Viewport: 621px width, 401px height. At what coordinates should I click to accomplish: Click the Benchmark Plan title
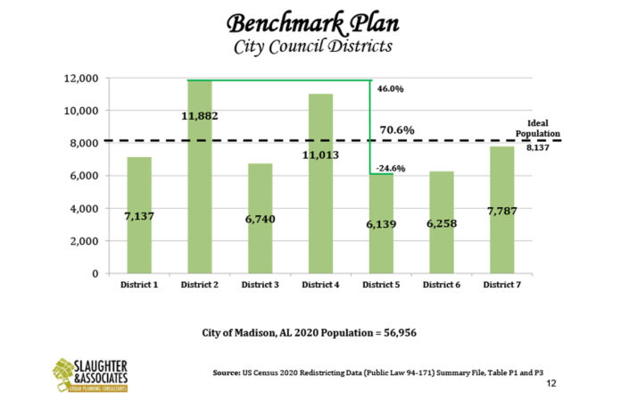310,21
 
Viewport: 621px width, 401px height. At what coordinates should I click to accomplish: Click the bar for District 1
139,215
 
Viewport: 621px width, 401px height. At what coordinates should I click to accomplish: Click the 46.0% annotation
391,89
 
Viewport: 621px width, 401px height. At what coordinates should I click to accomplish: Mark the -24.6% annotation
385,168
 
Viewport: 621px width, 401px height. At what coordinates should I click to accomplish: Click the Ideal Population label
537,129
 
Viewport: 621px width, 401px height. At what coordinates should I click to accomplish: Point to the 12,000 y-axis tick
82,79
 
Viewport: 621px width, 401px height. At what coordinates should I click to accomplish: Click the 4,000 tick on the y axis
85,209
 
